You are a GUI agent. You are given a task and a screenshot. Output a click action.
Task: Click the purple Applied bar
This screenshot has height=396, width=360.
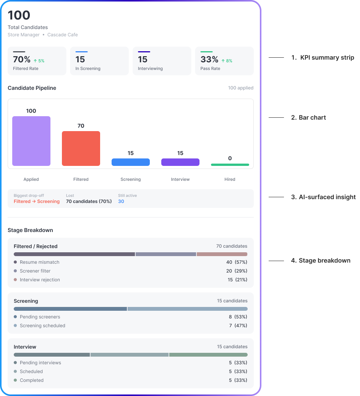pyautogui.click(x=31, y=141)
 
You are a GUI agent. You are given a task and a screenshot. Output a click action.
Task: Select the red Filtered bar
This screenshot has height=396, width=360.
pyautogui.click(x=81, y=149)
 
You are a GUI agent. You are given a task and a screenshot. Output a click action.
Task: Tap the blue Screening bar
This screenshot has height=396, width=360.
pyautogui.click(x=131, y=162)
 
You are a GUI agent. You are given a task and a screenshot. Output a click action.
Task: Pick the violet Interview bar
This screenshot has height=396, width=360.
pyautogui.click(x=180, y=162)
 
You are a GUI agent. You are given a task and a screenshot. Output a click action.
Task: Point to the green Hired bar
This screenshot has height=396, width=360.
pyautogui.click(x=230, y=165)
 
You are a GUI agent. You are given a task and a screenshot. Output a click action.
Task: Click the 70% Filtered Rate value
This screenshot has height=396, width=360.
pyautogui.click(x=22, y=60)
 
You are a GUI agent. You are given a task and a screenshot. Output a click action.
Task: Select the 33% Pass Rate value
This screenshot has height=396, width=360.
pyautogui.click(x=209, y=60)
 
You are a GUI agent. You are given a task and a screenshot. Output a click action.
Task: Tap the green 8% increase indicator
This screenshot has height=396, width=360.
pyautogui.click(x=227, y=61)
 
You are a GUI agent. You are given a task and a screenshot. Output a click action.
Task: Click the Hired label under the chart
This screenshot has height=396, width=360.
pyautogui.click(x=230, y=179)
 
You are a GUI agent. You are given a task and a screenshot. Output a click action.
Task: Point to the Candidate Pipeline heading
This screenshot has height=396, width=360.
pyautogui.click(x=32, y=88)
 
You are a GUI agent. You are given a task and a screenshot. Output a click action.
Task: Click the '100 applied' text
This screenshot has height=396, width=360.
pyautogui.click(x=241, y=88)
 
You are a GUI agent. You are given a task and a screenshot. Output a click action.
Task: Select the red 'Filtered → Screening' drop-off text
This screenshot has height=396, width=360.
pyautogui.click(x=37, y=201)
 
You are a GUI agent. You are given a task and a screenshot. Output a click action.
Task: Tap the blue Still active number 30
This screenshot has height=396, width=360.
pyautogui.click(x=121, y=201)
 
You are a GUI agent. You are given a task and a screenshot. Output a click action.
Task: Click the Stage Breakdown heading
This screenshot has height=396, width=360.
pyautogui.click(x=30, y=230)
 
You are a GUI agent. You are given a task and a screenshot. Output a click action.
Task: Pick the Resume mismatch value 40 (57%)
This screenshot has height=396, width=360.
pyautogui.click(x=237, y=262)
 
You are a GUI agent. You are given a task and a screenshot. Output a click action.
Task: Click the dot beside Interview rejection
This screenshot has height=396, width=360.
pyautogui.click(x=15, y=280)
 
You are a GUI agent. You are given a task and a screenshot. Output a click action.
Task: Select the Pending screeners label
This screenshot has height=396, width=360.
pyautogui.click(x=40, y=317)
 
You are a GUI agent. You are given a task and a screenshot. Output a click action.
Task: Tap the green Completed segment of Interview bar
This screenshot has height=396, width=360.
pyautogui.click(x=208, y=355)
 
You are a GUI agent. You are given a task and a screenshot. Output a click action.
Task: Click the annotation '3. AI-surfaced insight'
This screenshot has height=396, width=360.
pyautogui.click(x=323, y=197)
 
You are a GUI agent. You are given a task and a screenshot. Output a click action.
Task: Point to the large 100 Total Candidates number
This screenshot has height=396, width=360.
pyautogui.click(x=19, y=15)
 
